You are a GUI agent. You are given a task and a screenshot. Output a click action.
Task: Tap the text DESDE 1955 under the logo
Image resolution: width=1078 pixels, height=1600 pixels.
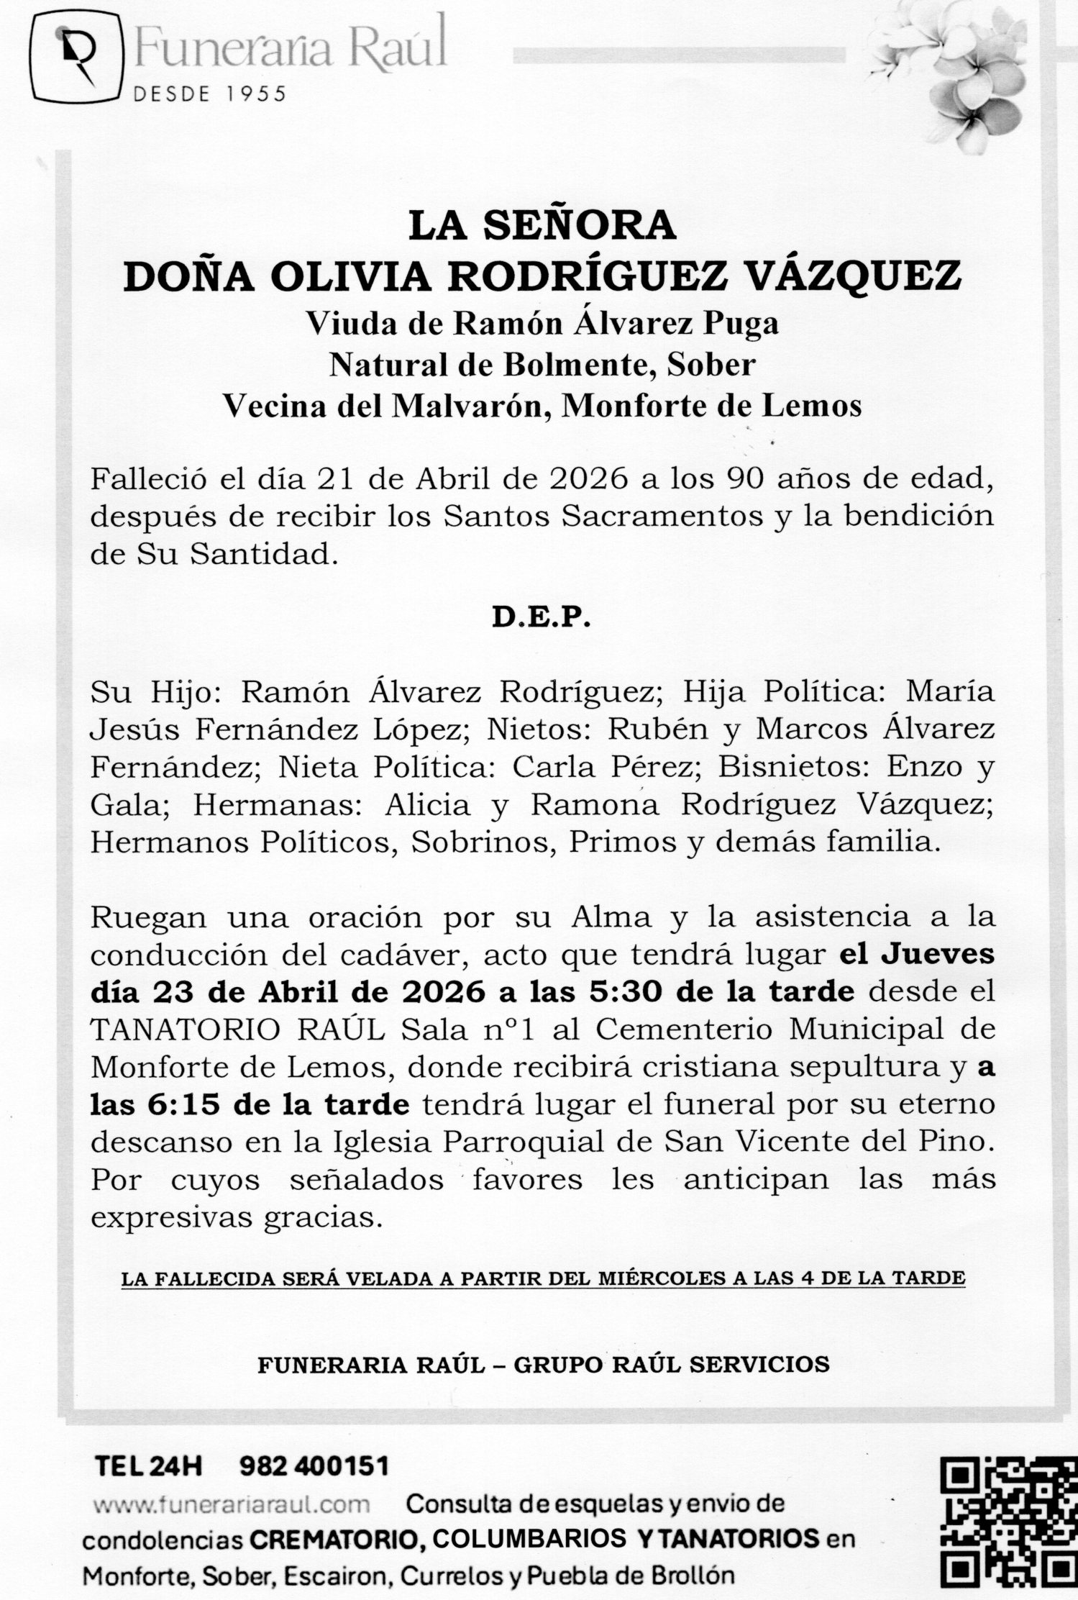click(210, 94)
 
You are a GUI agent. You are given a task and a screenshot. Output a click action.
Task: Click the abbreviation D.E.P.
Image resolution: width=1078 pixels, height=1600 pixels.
click(540, 619)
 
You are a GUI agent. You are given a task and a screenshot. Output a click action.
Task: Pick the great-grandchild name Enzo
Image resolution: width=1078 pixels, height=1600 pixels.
click(921, 767)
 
